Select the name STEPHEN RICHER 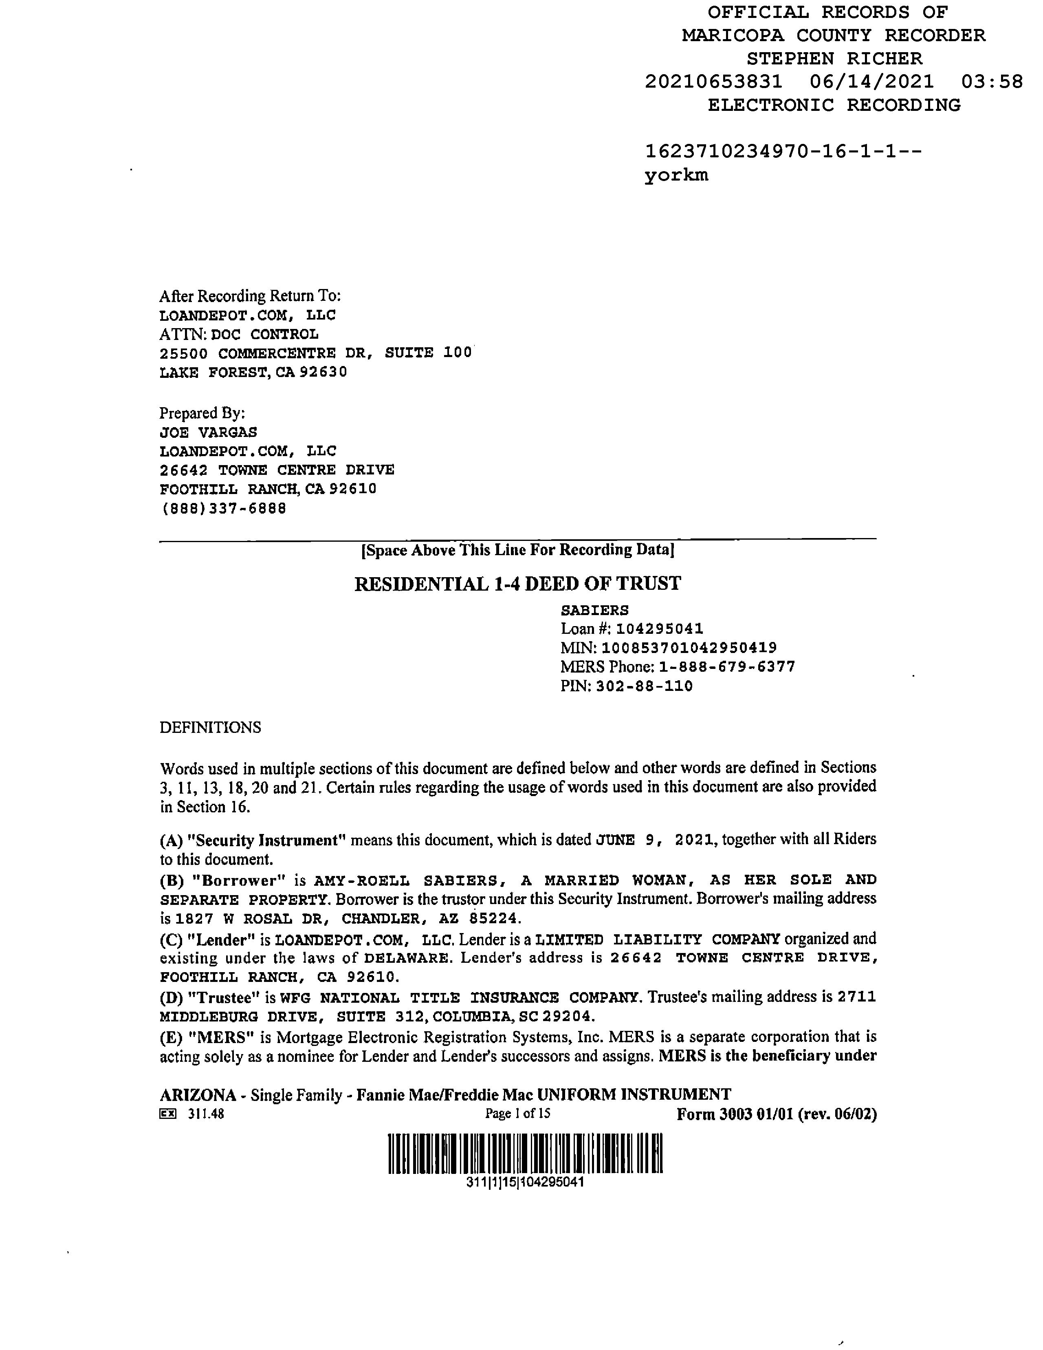click(834, 59)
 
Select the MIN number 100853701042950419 click(689, 648)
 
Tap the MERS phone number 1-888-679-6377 click(727, 667)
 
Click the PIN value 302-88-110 click(644, 686)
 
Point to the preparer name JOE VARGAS click(208, 432)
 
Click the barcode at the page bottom click(525, 1154)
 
